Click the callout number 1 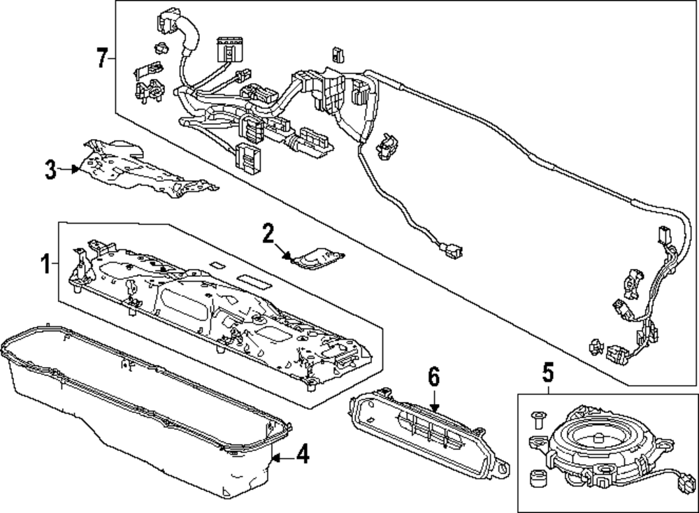tap(44, 264)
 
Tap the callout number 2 tap(268, 233)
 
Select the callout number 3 tap(50, 168)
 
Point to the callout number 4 tap(301, 456)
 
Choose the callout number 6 tap(433, 377)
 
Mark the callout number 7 tap(102, 57)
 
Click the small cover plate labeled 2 tap(318, 257)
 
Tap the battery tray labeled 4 tap(140, 412)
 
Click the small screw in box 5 tap(539, 419)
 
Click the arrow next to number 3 tap(70, 168)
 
